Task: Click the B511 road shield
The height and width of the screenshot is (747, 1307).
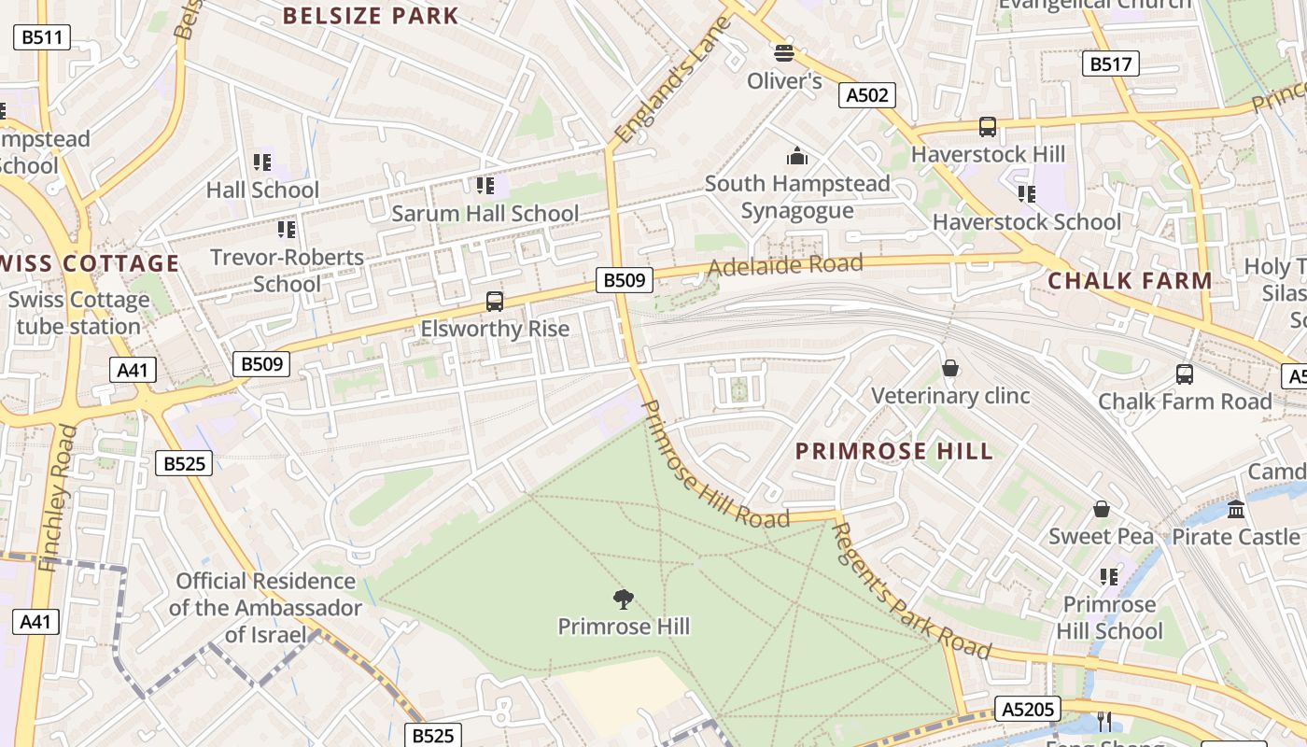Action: pos(42,37)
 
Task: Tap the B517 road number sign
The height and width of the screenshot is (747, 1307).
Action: pos(1110,63)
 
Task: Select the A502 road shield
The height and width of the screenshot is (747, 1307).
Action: pos(867,94)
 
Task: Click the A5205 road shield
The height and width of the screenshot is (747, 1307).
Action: pos(1027,709)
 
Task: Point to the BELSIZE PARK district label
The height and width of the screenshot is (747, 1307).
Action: pos(371,16)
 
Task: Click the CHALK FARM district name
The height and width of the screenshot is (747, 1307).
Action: pos(1130,280)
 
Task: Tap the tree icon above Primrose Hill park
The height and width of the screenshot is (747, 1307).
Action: pos(623,599)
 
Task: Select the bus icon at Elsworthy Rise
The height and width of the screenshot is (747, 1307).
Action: pos(495,302)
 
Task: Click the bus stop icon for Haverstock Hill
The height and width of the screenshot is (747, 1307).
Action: pos(987,127)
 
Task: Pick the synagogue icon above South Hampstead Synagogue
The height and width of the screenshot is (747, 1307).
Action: pos(796,156)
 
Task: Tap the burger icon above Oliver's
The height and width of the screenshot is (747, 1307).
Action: pos(783,53)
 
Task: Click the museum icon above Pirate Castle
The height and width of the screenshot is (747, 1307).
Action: pos(1236,509)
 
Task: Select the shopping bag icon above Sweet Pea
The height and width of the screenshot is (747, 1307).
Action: pos(1102,509)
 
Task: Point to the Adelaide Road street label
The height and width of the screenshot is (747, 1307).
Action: pos(784,265)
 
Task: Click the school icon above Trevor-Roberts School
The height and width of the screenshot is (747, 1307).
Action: pos(287,229)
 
